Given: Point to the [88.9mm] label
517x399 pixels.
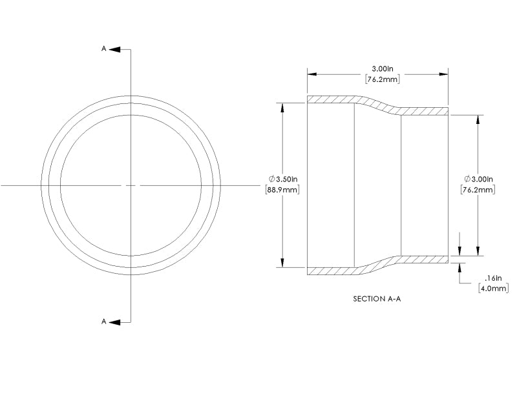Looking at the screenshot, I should pos(282,190).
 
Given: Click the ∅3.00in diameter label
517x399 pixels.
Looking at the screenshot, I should pos(478,179).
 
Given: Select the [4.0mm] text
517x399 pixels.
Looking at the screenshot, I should pos(493,288).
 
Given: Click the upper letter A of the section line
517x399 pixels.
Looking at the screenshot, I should pos(103,48).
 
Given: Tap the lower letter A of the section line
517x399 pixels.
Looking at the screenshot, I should pos(103,322).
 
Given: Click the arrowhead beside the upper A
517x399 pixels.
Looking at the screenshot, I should pos(113,48).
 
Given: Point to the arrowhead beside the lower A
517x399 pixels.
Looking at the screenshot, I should pos(113,322).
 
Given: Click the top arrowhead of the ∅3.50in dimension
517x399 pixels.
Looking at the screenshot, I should pos(282,107).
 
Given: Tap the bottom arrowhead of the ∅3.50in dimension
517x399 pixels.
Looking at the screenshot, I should pos(282,263).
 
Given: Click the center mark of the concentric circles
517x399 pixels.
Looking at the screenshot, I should pos(131,185).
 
